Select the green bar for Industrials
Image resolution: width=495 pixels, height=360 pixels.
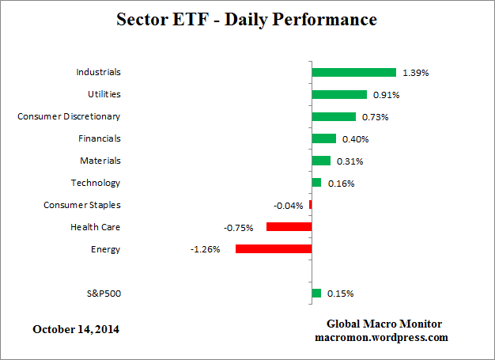353,72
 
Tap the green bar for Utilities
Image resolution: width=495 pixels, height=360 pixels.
339,94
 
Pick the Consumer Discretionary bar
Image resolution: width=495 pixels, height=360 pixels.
334,116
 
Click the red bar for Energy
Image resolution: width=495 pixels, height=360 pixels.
274,248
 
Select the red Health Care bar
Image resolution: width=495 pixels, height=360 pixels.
289,227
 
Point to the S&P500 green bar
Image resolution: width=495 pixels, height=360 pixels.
316,293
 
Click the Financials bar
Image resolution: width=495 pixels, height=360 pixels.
323,138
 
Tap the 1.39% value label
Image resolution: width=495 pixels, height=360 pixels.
415,73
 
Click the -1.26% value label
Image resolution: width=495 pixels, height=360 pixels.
205,249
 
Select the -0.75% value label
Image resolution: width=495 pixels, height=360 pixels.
239,228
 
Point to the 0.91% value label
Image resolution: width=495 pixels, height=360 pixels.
387,95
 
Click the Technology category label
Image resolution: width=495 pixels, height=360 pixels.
95,183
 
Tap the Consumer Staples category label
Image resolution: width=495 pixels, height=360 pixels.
81,205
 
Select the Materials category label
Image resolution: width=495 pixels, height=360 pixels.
100,161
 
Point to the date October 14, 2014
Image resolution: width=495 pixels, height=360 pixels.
77,328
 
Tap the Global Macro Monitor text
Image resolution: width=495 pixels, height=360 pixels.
384,324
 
